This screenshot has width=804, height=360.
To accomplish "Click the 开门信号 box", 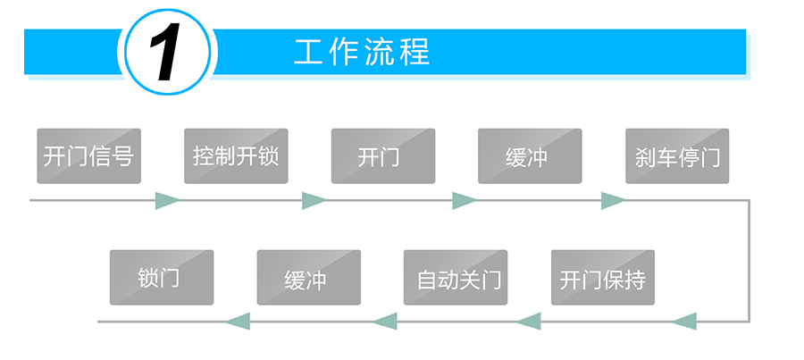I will pos(88,156).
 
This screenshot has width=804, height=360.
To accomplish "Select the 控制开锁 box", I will pos(236,156).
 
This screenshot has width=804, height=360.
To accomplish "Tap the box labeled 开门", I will pos(382,156).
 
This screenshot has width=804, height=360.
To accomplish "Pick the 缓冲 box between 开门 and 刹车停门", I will pos(530,156).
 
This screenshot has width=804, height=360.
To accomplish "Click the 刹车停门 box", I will pos(676,156).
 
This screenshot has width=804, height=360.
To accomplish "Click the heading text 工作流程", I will pos(362,52).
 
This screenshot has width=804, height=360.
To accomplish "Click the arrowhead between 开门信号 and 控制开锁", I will pos(167,200).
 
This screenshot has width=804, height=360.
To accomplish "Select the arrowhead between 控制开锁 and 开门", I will pos(314,200).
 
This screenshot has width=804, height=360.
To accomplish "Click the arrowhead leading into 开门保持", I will pos(683,321).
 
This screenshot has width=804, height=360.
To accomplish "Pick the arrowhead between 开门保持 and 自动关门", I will pos(529,321).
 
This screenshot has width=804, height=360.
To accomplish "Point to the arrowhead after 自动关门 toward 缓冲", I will pos(384,321).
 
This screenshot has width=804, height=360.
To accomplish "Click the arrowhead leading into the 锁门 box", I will pos(238,321).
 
